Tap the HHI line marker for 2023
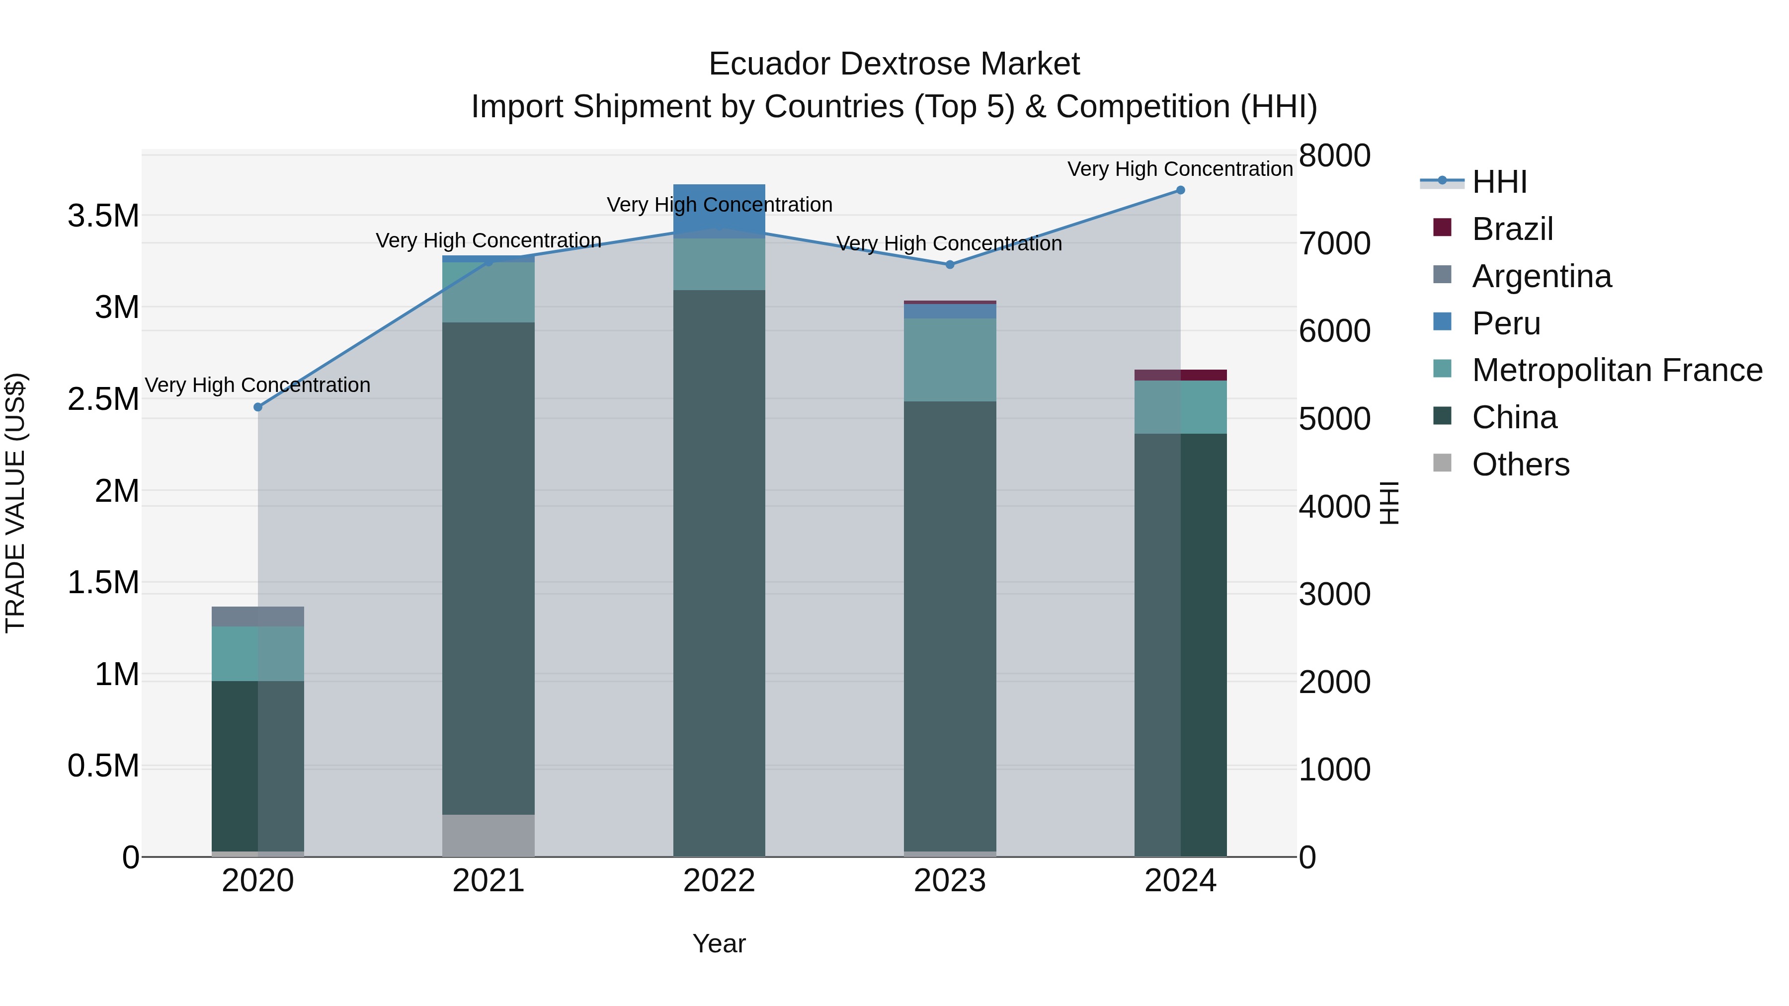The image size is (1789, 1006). click(x=950, y=264)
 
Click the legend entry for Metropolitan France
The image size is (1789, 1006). click(x=1616, y=370)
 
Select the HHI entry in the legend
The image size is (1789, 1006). click(x=1499, y=182)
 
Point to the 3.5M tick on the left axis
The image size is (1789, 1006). click(x=103, y=216)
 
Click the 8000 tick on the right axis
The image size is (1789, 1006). click(x=1334, y=155)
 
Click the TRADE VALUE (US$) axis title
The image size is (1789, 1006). click(x=15, y=503)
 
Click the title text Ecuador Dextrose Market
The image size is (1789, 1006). click(x=894, y=64)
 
